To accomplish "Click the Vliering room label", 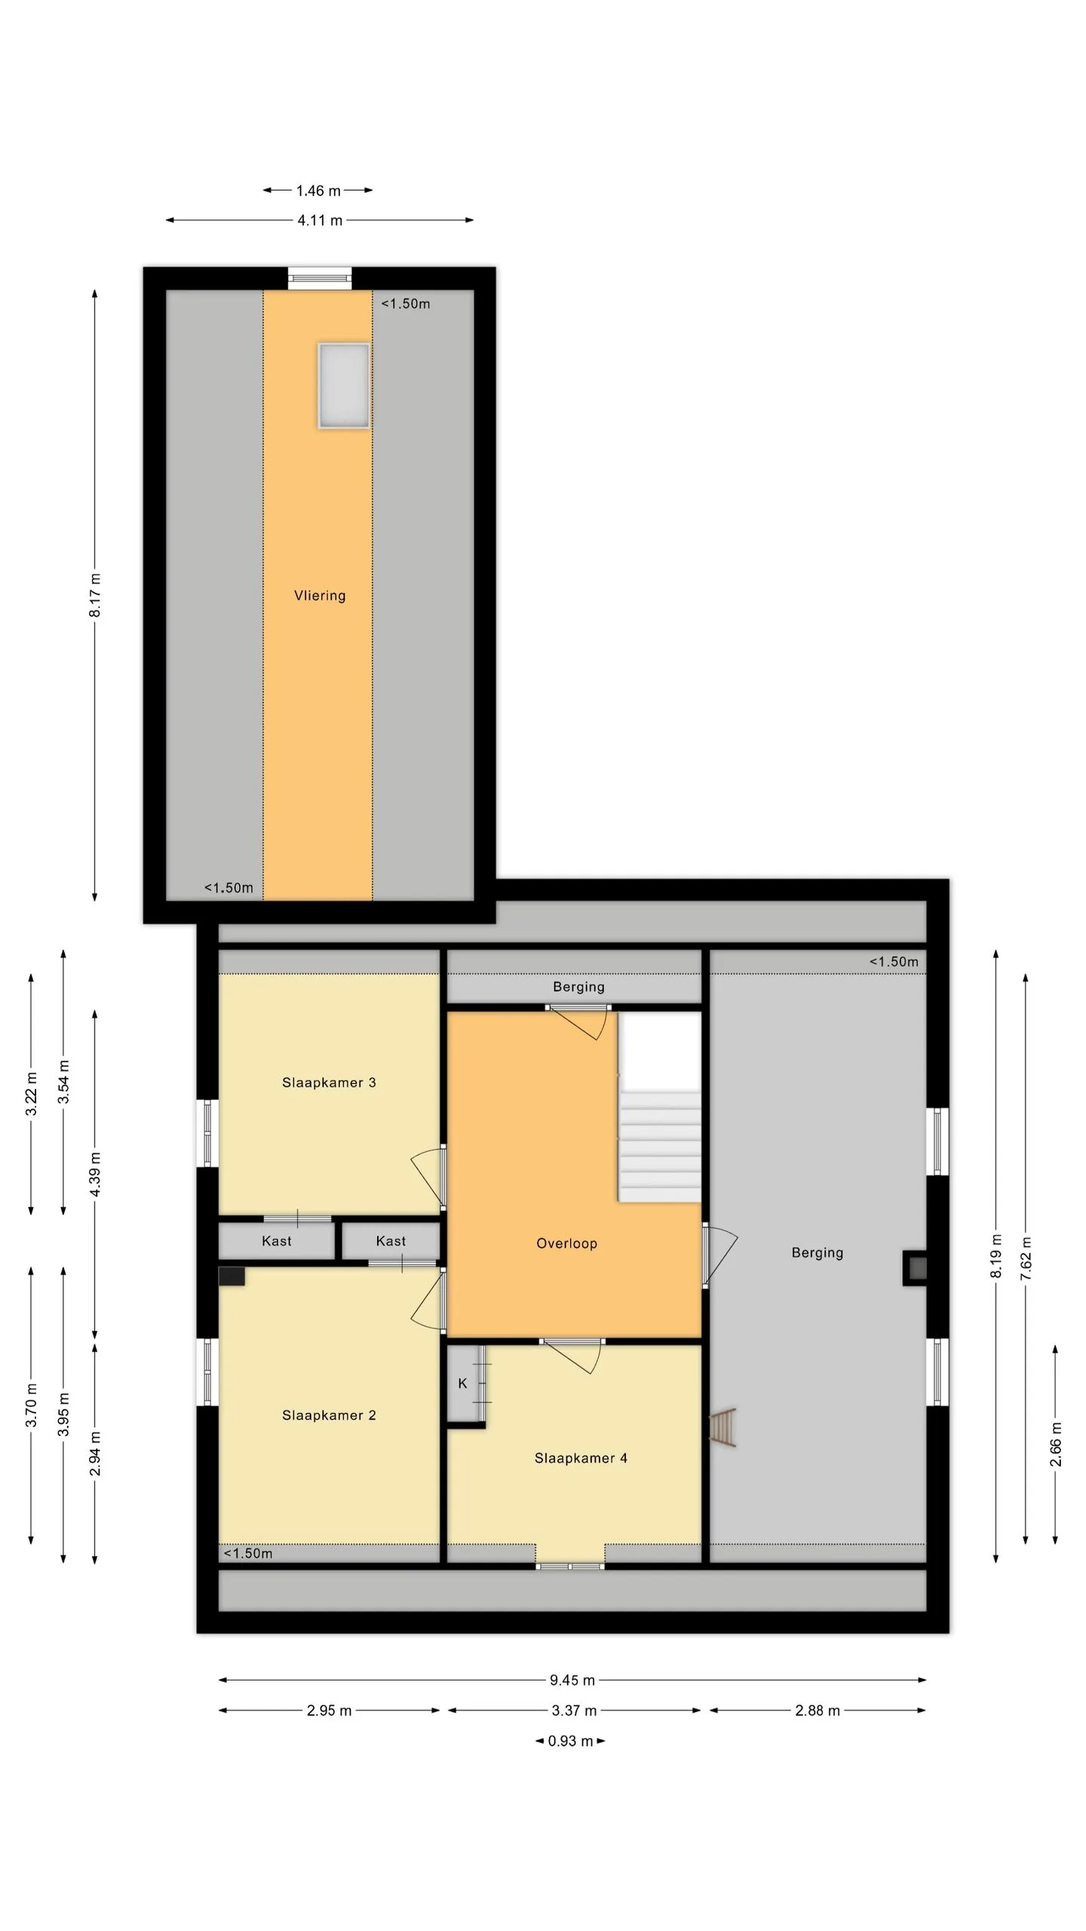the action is click(320, 596).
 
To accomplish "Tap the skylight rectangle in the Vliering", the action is click(344, 386).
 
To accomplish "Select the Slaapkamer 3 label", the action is click(329, 1082).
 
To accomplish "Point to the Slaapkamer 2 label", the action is click(329, 1415).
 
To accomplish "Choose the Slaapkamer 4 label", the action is click(581, 1458).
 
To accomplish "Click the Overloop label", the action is click(566, 1243).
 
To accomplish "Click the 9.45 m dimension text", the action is click(572, 1680).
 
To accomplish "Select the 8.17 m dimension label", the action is click(95, 595).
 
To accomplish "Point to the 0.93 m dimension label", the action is click(570, 1741).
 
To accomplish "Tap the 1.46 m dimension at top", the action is click(318, 191).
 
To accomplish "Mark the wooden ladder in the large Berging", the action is click(723, 1427).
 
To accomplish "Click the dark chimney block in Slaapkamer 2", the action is click(232, 1276).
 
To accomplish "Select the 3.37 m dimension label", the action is click(574, 1711).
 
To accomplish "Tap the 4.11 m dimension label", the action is click(320, 221).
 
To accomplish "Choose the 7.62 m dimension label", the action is click(1026, 1258).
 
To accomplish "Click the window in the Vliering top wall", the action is click(320, 278).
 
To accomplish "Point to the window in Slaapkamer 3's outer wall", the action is click(207, 1133).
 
